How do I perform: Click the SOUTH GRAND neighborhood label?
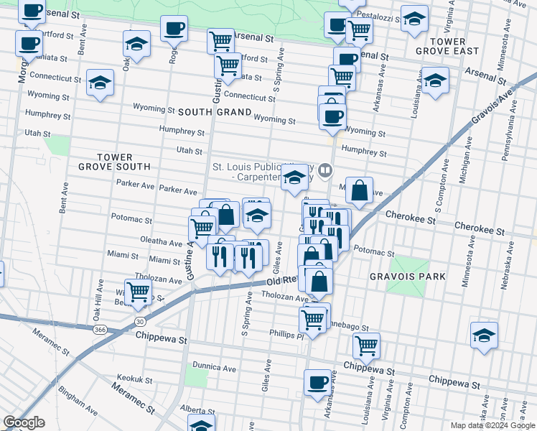(214, 113)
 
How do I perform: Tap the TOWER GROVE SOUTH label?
(114, 162)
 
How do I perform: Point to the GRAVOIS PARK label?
(407, 277)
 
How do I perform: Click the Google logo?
(24, 422)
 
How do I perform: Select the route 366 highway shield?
(100, 330)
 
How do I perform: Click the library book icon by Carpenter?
(326, 170)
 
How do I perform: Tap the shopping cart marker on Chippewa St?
(366, 346)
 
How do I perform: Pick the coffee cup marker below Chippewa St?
(317, 382)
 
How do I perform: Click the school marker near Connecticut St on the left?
(100, 83)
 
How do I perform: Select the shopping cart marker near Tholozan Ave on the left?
(137, 292)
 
